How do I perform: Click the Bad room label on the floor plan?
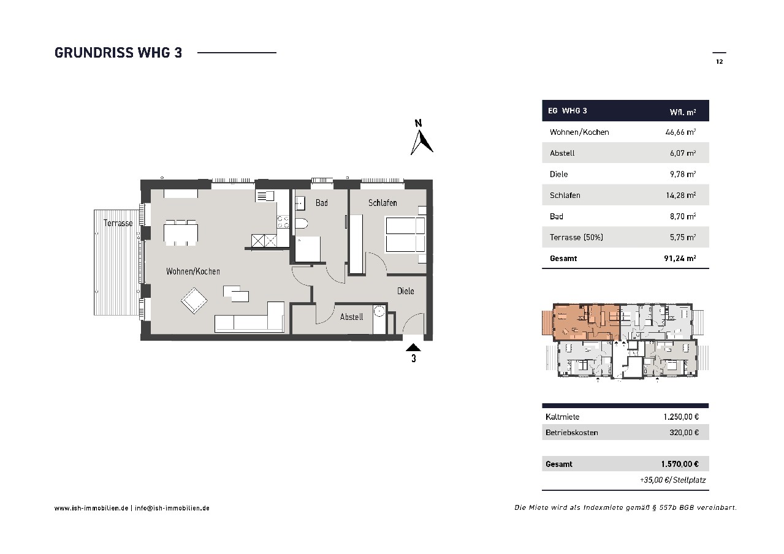click(x=322, y=203)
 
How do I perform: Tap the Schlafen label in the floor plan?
click(x=382, y=203)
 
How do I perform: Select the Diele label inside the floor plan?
click(x=406, y=291)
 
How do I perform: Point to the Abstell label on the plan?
click(x=351, y=317)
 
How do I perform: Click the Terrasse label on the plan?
click(x=118, y=223)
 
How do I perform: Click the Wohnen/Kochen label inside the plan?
click(x=193, y=271)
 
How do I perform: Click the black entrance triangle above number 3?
click(x=413, y=347)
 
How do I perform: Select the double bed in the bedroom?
click(x=406, y=235)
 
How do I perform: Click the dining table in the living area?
click(x=181, y=233)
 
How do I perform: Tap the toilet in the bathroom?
click(x=301, y=224)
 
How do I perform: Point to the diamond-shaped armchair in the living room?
click(x=194, y=301)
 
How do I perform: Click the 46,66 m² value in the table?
click(x=680, y=132)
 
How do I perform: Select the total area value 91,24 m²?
click(x=680, y=258)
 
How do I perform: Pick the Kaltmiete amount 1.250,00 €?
click(x=681, y=417)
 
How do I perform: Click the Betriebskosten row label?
click(x=571, y=433)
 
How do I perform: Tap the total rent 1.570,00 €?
click(x=680, y=464)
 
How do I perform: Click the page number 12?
click(x=719, y=62)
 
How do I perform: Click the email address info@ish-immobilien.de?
click(x=172, y=508)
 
